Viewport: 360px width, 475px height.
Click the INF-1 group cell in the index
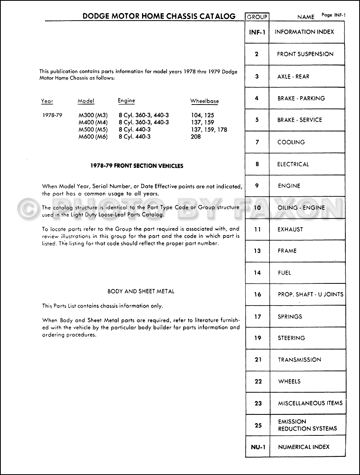257,32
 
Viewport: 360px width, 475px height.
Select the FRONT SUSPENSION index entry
305,54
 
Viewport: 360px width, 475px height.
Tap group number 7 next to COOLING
257,142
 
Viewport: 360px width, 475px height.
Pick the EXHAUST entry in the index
290,229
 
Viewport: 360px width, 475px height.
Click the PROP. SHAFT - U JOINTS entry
311,294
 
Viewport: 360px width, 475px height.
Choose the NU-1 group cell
258,447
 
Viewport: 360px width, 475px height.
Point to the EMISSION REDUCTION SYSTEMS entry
307,425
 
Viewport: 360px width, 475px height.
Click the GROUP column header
257,17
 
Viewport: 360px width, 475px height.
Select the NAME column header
306,17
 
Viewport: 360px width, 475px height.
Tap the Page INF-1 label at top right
333,15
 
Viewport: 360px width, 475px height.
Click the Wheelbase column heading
205,101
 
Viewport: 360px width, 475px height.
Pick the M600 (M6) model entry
93,137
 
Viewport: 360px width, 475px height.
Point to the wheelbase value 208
195,137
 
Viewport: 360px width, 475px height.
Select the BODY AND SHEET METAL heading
141,291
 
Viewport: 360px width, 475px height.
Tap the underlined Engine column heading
126,101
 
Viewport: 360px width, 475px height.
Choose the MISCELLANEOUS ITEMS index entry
310,403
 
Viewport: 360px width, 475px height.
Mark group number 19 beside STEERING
258,338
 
